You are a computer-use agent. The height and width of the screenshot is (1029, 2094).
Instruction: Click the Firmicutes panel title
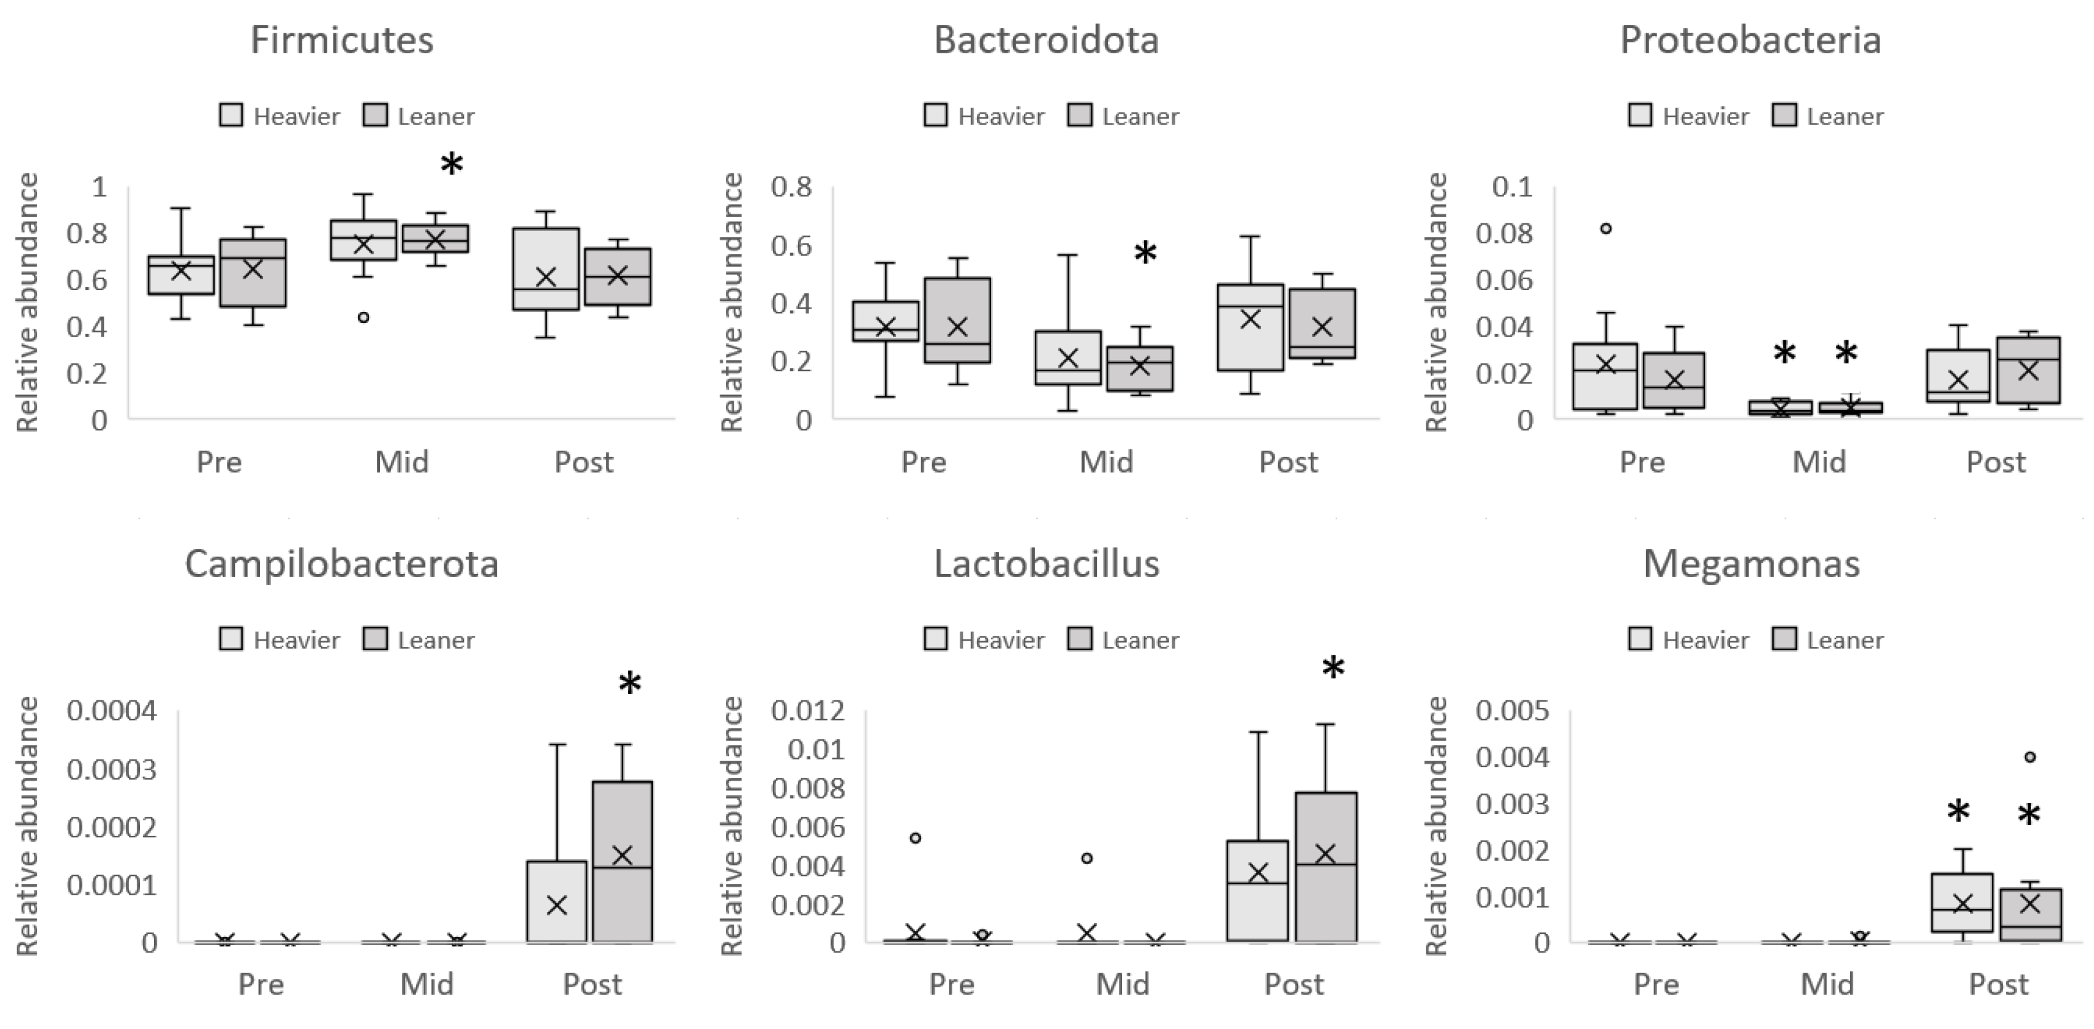pyautogui.click(x=342, y=40)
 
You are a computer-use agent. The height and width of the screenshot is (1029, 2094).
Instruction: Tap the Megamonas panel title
pyautogui.click(x=1751, y=563)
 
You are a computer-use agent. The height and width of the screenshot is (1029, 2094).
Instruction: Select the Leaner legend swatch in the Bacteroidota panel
pyautogui.click(x=1078, y=116)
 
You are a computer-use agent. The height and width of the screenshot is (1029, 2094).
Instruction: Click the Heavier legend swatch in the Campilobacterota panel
pyautogui.click(x=232, y=639)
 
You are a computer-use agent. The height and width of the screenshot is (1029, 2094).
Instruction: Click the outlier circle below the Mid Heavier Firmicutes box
pyautogui.click(x=363, y=317)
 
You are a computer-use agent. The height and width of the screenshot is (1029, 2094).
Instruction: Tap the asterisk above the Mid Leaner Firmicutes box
pyautogui.click(x=452, y=165)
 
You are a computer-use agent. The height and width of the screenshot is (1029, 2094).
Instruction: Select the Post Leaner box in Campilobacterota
pyautogui.click(x=622, y=861)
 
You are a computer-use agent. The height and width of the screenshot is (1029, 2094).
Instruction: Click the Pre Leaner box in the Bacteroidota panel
pyautogui.click(x=958, y=320)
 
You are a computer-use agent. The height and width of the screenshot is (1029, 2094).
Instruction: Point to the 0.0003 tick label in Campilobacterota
pyautogui.click(x=112, y=768)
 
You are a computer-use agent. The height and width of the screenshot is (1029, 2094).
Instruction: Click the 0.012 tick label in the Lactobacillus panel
pyautogui.click(x=808, y=711)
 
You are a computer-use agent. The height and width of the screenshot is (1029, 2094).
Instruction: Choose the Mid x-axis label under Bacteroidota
pyautogui.click(x=1105, y=462)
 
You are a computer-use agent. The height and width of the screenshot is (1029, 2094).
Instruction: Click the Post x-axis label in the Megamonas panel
pyautogui.click(x=1998, y=984)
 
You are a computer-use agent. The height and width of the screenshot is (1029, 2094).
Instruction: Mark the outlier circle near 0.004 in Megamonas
pyautogui.click(x=2030, y=757)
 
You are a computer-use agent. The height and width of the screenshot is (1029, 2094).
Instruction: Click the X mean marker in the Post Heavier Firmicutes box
pyautogui.click(x=546, y=277)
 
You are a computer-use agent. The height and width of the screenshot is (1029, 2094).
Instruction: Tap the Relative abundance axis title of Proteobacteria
pyautogui.click(x=1437, y=302)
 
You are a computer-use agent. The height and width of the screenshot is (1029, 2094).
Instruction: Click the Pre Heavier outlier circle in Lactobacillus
pyautogui.click(x=915, y=838)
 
